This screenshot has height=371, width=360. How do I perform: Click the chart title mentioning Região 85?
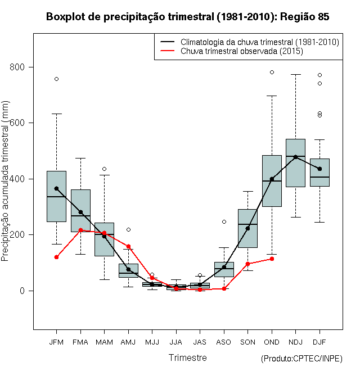click(187, 17)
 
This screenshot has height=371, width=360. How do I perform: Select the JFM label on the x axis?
click(56, 342)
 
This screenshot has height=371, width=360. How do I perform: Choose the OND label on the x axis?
click(272, 342)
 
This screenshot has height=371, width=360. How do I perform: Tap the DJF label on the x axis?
click(319, 342)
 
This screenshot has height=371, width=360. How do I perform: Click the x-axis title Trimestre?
click(187, 358)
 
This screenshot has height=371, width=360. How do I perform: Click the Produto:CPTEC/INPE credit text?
click(301, 359)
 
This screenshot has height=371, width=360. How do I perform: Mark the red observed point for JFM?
click(56, 257)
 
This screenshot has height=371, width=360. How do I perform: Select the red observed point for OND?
click(272, 259)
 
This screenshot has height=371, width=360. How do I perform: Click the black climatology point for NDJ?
click(295, 157)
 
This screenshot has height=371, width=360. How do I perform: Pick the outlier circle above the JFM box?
click(56, 79)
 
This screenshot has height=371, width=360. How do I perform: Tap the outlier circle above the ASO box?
click(224, 221)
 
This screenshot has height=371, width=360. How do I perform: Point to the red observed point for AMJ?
click(128, 246)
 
